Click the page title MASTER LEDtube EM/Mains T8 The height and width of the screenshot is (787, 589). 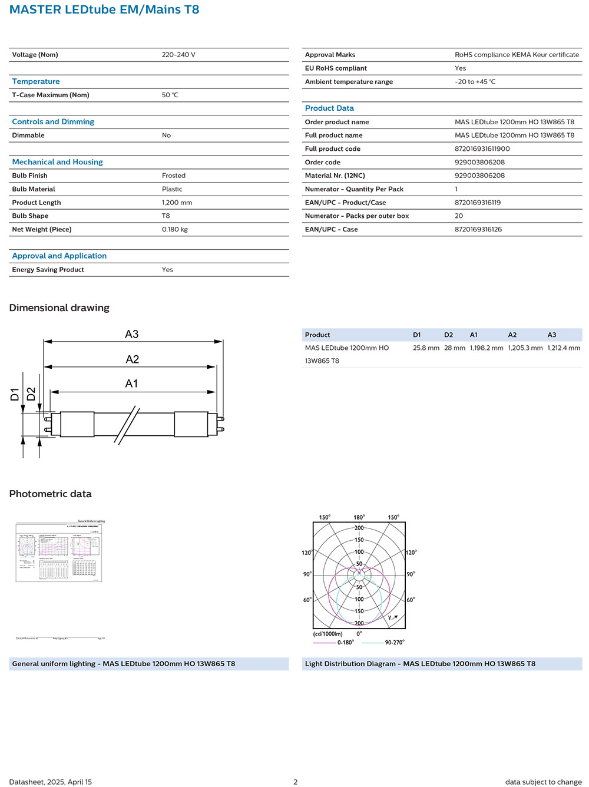104,10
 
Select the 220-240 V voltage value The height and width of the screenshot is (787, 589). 178,55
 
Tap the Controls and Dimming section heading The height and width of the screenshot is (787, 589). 53,122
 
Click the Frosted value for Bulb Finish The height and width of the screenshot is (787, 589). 174,176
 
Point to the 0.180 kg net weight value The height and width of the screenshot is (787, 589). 175,230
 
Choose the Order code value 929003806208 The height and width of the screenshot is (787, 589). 479,163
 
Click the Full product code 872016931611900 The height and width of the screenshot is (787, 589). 482,149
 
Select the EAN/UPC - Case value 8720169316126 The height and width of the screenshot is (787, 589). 478,230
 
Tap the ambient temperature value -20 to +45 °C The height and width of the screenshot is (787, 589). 475,82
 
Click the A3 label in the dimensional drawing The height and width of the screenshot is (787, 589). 132,334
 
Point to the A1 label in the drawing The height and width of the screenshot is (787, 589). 132,383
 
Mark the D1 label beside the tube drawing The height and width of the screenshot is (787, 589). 15,394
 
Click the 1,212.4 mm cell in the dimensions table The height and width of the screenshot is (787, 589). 564,348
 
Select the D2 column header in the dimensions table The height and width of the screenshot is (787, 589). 448,335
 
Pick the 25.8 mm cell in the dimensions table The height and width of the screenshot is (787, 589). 426,348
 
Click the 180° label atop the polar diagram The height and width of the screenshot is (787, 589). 359,517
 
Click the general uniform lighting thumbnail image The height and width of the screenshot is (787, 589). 59,551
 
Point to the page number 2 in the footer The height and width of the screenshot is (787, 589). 296,782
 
